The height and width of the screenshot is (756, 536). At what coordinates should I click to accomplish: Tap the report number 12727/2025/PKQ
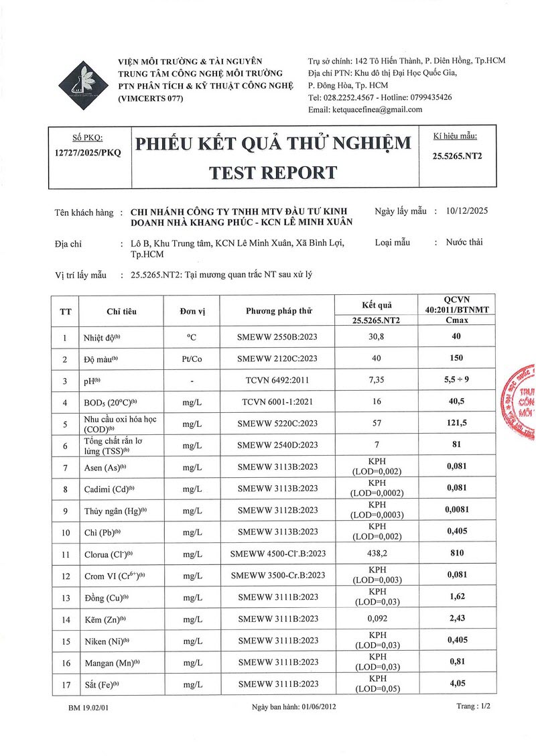click(88, 152)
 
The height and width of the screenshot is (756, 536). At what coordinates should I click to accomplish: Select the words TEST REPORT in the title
click(273, 172)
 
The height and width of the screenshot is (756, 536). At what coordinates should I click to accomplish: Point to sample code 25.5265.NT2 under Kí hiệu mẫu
click(458, 155)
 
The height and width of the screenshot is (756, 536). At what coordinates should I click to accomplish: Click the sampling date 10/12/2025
click(467, 210)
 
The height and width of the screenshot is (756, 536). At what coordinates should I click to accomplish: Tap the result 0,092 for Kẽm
click(376, 619)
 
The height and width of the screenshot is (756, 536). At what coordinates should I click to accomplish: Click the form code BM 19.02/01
click(88, 707)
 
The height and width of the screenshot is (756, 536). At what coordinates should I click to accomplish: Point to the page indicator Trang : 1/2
click(473, 706)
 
